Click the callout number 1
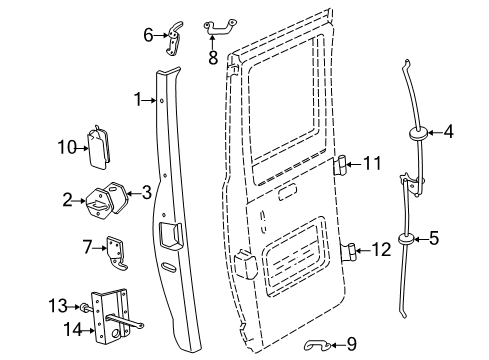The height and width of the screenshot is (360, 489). point(138,99)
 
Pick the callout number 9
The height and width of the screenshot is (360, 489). point(350,345)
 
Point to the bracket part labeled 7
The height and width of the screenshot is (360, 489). point(119,254)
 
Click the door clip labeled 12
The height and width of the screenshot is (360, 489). point(349,250)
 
